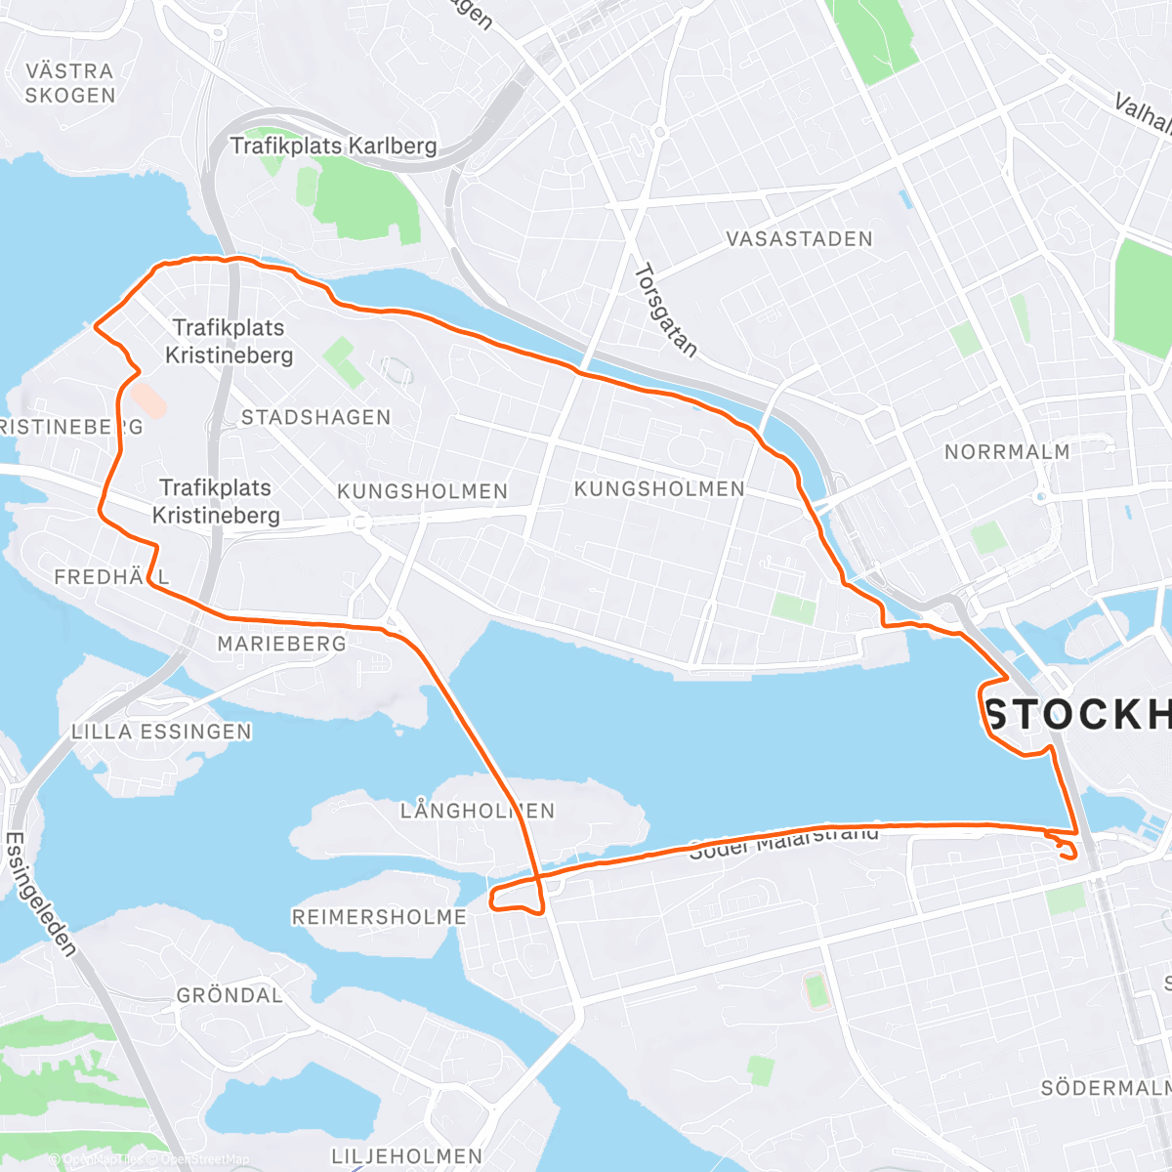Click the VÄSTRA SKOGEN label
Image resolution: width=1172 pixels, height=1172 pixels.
(x=69, y=83)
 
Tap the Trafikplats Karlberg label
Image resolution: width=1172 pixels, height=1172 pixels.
(x=333, y=146)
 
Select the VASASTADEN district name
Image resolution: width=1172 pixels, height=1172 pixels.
(x=799, y=239)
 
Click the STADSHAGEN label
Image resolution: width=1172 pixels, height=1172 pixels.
(x=315, y=417)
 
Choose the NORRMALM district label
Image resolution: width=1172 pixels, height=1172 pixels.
(x=1007, y=452)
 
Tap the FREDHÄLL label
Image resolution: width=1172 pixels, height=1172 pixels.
(x=111, y=577)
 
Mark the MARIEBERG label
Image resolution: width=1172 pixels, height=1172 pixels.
(x=281, y=644)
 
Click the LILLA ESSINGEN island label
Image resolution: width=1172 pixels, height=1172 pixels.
(x=161, y=732)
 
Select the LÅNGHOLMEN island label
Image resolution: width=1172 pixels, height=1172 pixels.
(x=477, y=811)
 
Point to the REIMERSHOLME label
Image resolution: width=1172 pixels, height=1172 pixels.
(x=379, y=917)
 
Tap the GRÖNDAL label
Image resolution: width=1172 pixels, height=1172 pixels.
(x=230, y=995)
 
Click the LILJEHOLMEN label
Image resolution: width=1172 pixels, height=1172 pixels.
(x=407, y=1156)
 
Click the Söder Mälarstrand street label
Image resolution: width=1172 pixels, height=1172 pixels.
(x=784, y=842)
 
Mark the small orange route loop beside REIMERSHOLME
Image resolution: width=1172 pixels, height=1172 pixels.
(x=515, y=897)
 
